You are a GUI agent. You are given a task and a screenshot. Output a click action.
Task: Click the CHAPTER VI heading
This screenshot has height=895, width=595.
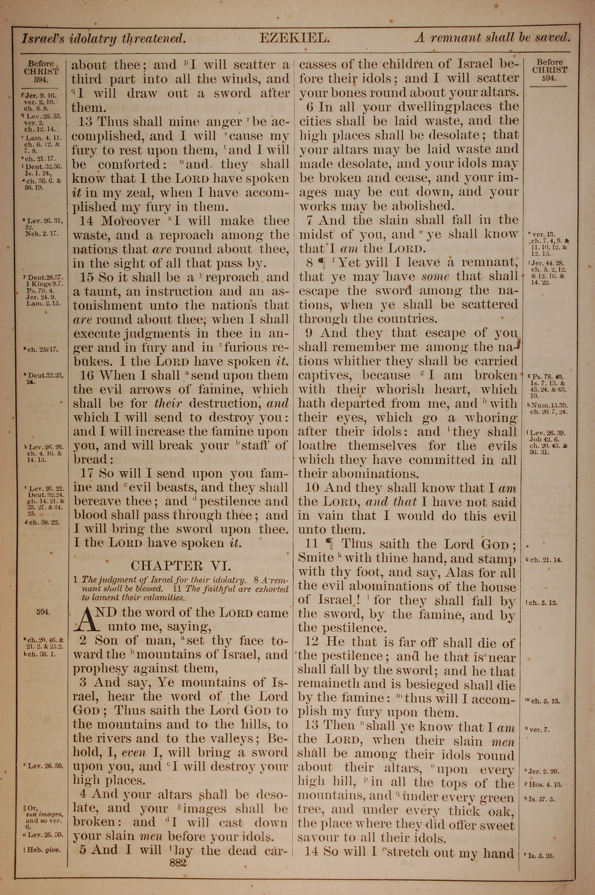click(x=180, y=566)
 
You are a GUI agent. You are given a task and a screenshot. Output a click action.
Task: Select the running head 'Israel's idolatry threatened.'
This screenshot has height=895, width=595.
click(x=104, y=39)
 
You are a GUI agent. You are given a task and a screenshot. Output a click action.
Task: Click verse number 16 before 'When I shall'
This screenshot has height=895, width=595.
click(x=87, y=375)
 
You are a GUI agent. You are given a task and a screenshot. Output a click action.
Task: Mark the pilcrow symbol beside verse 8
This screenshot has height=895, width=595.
click(x=322, y=262)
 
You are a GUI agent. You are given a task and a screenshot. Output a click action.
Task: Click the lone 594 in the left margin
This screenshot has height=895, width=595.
click(x=42, y=612)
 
